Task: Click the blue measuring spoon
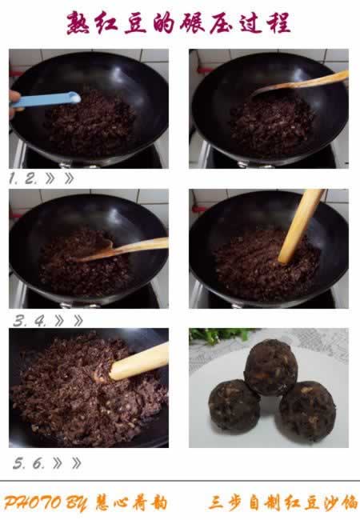46,100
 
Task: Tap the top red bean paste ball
271,367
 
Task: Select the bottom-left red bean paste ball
234,405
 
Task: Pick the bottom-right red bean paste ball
308,411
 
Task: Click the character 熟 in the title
78,23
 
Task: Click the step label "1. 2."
22,179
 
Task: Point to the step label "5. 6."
29,463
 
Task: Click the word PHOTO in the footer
33,503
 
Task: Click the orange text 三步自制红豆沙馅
283,502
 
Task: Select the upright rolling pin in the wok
301,226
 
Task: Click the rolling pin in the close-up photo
139,362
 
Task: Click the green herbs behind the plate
222,335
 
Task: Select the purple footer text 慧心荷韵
131,503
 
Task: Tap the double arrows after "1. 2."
60,178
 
